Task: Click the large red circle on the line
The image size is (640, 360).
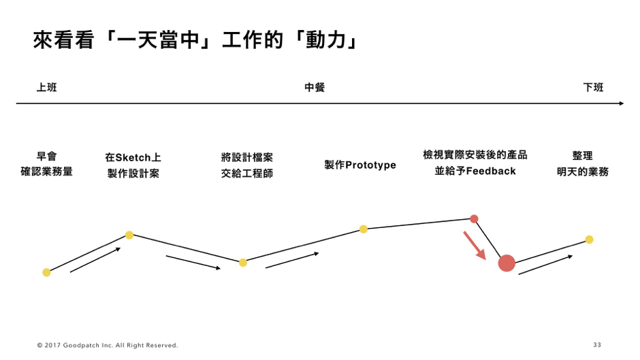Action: (x=507, y=263)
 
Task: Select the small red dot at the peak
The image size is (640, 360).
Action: (x=474, y=218)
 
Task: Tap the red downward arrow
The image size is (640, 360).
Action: (x=475, y=246)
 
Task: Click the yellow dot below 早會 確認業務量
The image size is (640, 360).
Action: (x=46, y=272)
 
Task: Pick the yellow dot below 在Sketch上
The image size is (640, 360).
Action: (x=129, y=235)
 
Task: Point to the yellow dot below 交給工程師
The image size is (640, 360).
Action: (x=243, y=263)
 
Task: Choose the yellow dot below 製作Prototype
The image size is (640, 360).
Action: (x=364, y=229)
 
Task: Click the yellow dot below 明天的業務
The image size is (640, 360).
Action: (x=589, y=239)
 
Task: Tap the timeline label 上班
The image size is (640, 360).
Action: (x=46, y=87)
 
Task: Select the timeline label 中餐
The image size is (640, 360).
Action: (x=315, y=87)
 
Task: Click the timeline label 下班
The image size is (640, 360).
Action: (x=593, y=87)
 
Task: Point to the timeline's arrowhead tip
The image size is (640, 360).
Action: (x=624, y=103)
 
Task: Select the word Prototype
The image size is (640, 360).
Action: (x=370, y=165)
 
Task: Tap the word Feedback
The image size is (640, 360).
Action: (x=491, y=171)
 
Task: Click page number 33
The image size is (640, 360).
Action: (x=597, y=345)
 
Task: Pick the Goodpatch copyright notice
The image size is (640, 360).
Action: (x=108, y=345)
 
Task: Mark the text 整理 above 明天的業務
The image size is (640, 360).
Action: (x=582, y=156)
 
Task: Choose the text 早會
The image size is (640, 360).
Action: (x=46, y=156)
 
